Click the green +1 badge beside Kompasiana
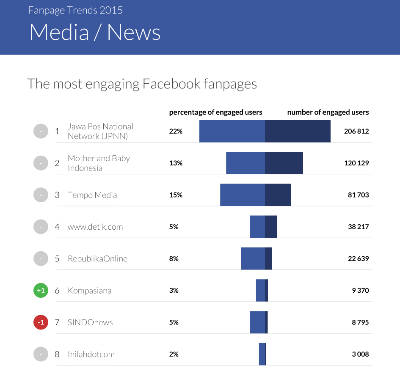41,291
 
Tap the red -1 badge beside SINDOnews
41,322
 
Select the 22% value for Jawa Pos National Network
176,131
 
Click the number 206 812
356,131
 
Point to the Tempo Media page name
92,195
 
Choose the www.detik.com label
95,227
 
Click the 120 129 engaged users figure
356,163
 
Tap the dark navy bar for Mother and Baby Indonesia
284,163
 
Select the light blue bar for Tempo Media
243,195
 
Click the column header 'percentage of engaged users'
215,112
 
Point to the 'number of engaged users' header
328,112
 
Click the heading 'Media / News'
95,33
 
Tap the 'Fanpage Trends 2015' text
75,10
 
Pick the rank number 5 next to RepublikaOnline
57,258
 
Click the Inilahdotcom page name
91,354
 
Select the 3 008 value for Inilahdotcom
360,354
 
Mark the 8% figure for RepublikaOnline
174,258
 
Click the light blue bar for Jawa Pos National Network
232,131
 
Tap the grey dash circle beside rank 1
41,131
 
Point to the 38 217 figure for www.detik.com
358,227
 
